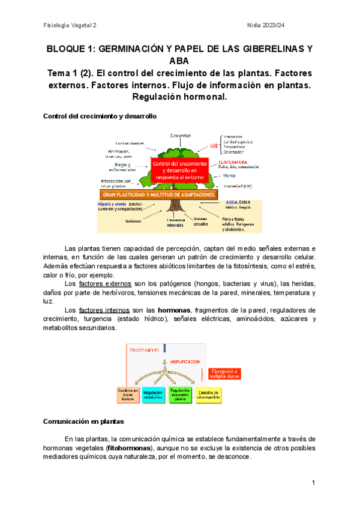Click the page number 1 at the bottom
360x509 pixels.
(x=313, y=483)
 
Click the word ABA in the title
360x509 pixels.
(x=179, y=61)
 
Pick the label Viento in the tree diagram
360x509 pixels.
(x=229, y=176)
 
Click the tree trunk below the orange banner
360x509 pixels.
(x=175, y=206)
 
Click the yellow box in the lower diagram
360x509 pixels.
(x=212, y=394)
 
